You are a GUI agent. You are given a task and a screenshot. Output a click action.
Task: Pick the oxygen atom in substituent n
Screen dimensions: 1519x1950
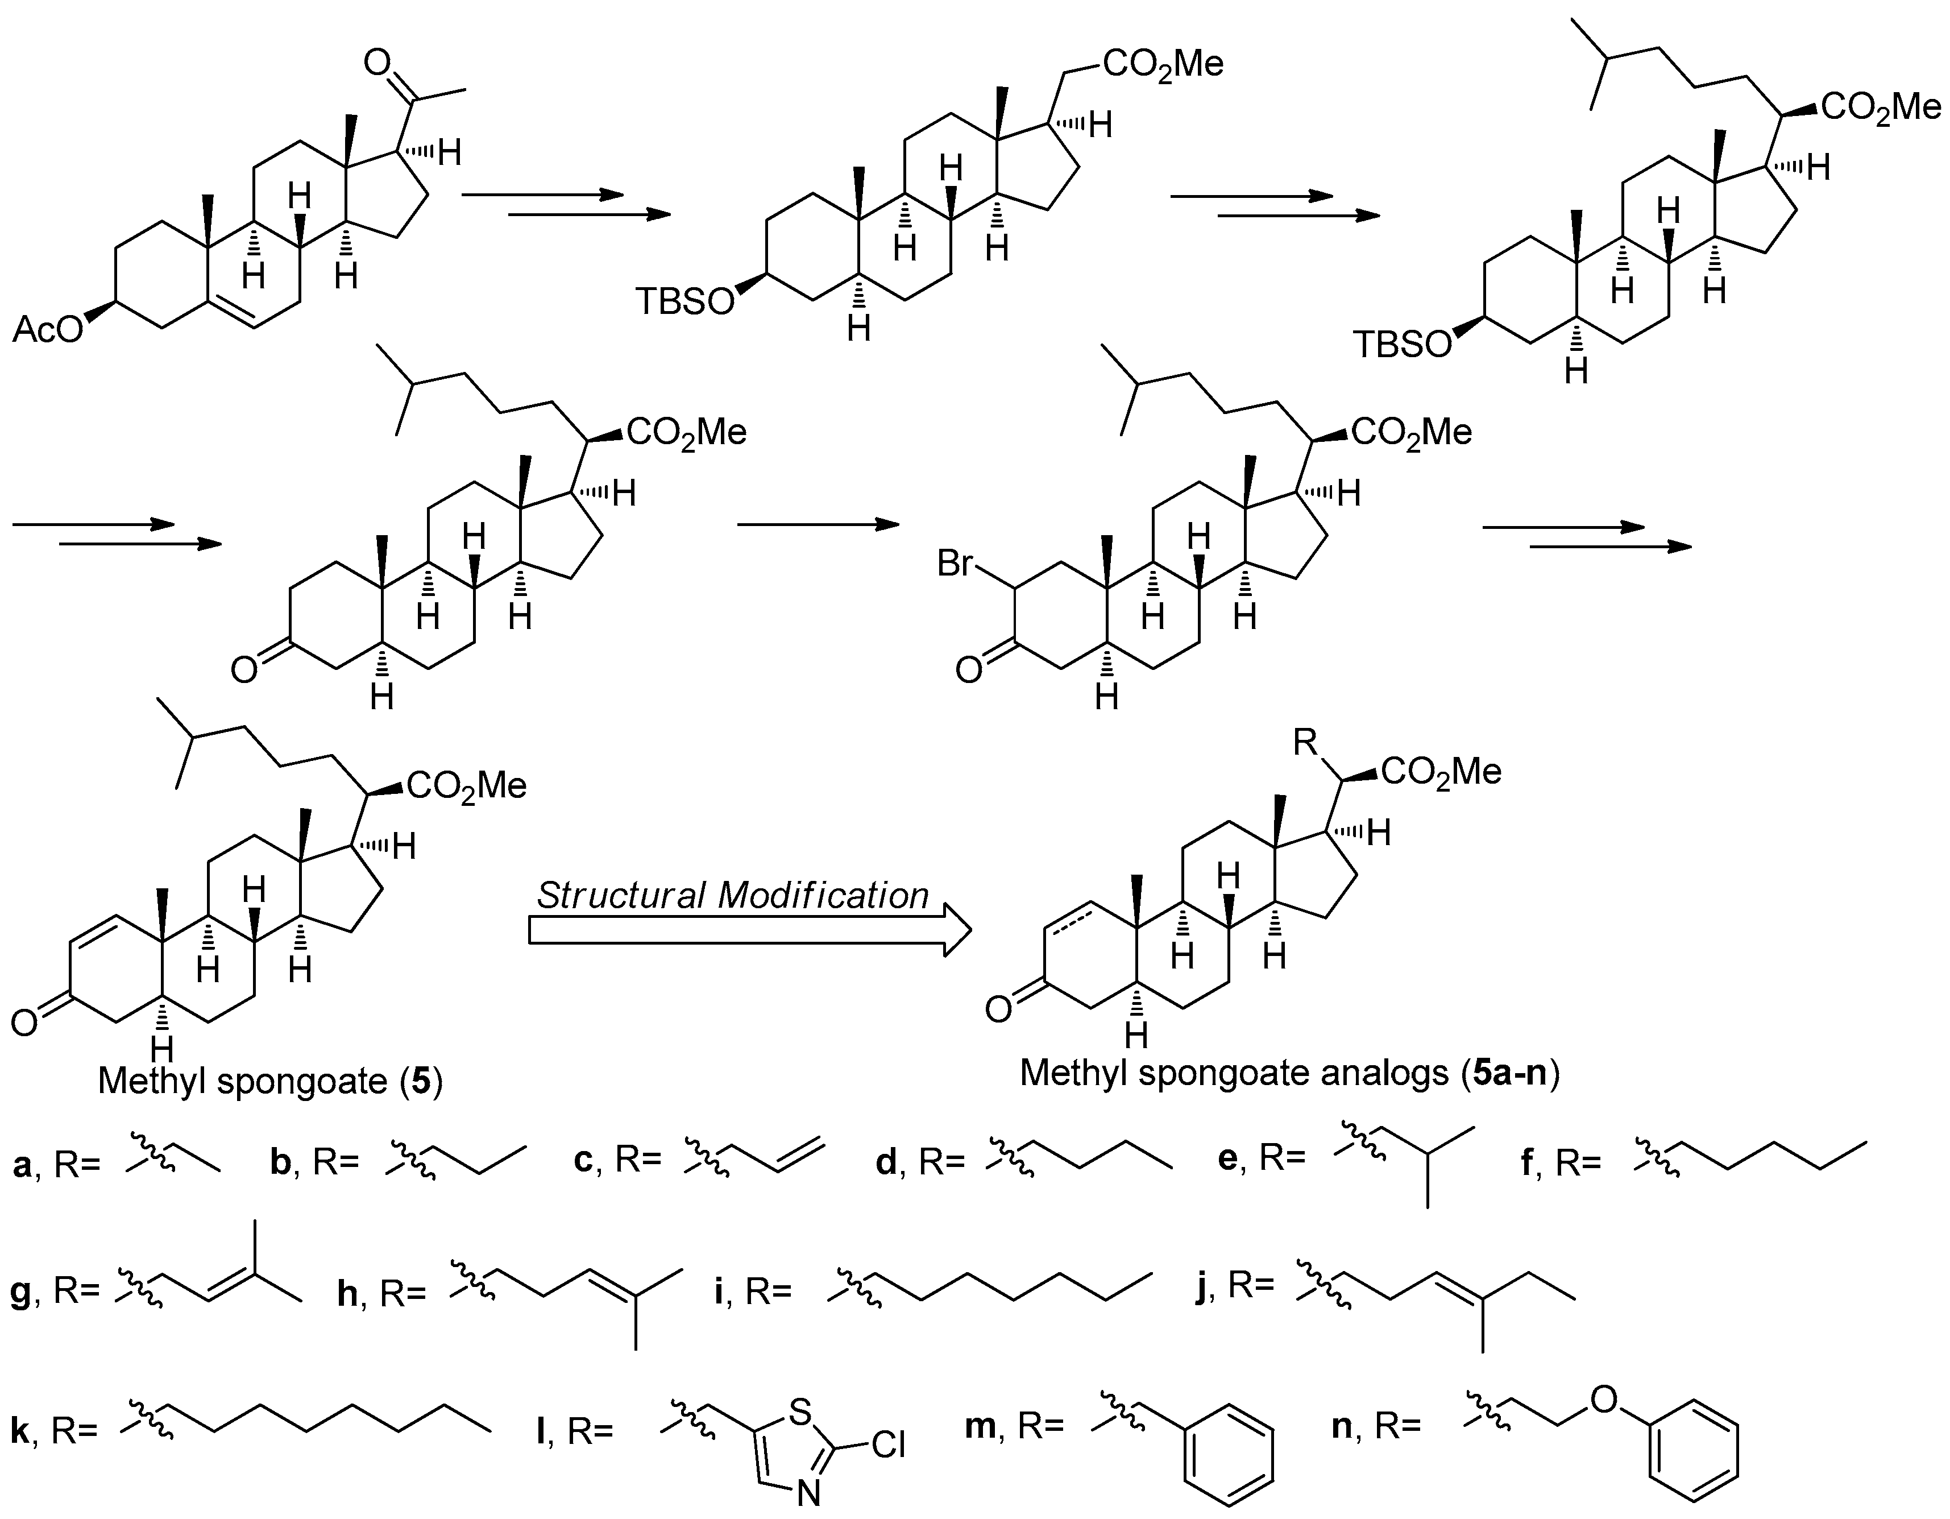pos(1604,1400)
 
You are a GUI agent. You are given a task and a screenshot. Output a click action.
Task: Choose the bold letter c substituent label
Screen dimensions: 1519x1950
pos(584,1160)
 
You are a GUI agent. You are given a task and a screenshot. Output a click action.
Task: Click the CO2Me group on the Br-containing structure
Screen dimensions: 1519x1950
pos(1412,434)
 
